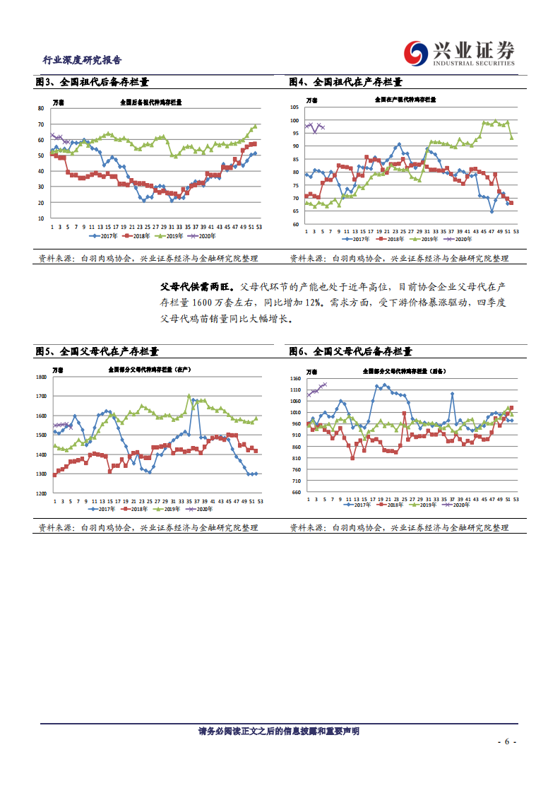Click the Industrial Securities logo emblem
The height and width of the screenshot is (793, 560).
(x=416, y=51)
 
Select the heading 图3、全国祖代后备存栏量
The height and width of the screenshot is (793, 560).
(x=92, y=82)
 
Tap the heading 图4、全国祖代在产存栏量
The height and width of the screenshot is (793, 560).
(x=345, y=82)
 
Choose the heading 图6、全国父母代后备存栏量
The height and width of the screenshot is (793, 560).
(x=350, y=351)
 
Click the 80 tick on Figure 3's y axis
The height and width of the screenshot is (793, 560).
(x=41, y=108)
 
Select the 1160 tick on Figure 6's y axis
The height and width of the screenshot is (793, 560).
(x=295, y=380)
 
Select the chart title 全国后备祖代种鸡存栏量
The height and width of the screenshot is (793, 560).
(x=150, y=102)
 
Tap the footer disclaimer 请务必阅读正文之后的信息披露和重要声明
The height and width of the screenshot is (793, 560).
(x=279, y=731)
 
